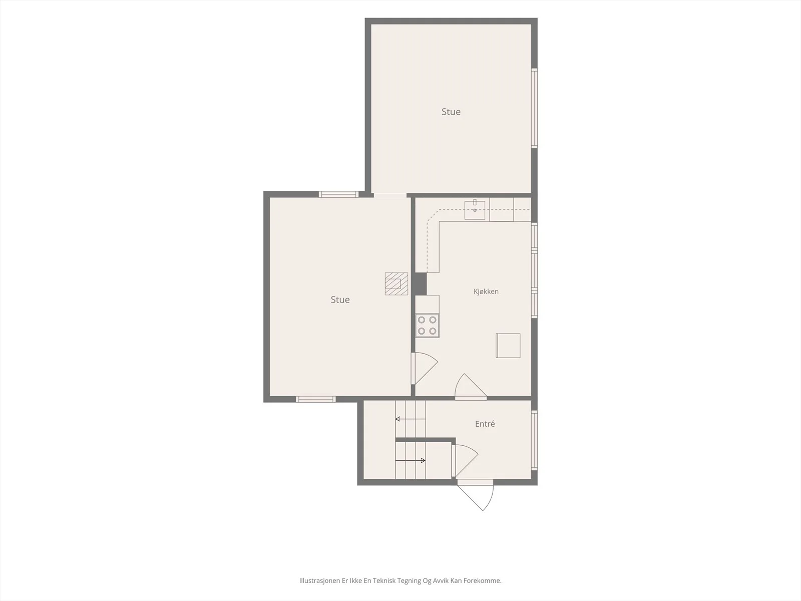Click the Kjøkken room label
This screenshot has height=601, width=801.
[x=486, y=291]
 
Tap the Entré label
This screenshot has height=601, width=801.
[x=485, y=424]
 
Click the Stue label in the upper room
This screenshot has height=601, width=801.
[x=451, y=112]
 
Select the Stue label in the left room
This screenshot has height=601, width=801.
[x=340, y=299]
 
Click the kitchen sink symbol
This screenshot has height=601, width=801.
[x=475, y=210]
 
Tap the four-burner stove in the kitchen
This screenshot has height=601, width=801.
[x=427, y=325]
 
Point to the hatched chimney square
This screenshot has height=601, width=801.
[x=396, y=283]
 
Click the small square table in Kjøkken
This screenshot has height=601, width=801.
[x=508, y=345]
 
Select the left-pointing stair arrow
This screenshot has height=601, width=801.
[x=410, y=419]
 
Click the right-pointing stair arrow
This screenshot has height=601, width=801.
[x=410, y=460]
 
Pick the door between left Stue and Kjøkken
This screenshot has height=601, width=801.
[x=424, y=368]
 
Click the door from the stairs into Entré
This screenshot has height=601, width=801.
[x=465, y=460]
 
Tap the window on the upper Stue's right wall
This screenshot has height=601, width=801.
[x=534, y=108]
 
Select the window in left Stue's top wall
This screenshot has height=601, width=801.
[x=338, y=194]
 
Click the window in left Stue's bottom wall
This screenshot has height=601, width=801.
[x=316, y=399]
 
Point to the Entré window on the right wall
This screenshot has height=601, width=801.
[x=534, y=440]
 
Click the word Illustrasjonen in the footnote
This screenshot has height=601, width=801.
[x=319, y=580]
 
